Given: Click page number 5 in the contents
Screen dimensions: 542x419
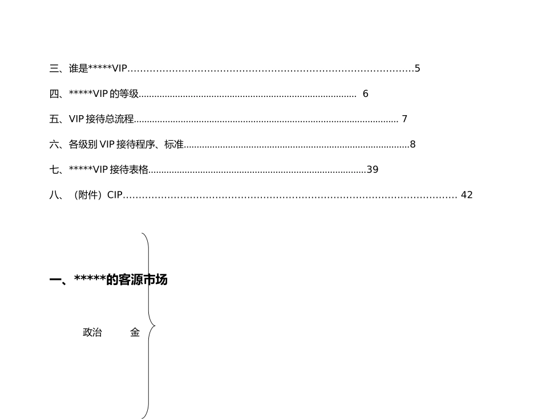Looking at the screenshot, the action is pyautogui.click(x=417, y=68).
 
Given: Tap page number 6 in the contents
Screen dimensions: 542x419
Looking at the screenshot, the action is pyautogui.click(x=365, y=93).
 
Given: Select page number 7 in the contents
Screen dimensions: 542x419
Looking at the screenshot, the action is pyautogui.click(x=405, y=119).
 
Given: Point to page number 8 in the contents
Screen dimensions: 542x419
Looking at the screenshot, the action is pyautogui.click(x=412, y=144).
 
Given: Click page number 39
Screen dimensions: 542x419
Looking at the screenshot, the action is pyautogui.click(x=373, y=170).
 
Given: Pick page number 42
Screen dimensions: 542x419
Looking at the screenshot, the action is pyautogui.click(x=467, y=195).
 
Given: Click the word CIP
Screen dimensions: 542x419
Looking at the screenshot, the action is pyautogui.click(x=115, y=195).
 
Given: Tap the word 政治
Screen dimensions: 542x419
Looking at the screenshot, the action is pyautogui.click(x=92, y=332).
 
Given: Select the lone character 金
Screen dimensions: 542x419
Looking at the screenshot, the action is pyautogui.click(x=135, y=332).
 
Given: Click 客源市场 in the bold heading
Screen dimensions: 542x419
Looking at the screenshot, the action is pyautogui.click(x=143, y=279).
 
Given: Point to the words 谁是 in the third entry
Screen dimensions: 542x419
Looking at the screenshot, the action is pyautogui.click(x=79, y=68).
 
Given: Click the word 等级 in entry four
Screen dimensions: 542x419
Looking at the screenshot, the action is pyautogui.click(x=129, y=93).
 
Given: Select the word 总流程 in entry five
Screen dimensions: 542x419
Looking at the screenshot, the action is pyautogui.click(x=120, y=119).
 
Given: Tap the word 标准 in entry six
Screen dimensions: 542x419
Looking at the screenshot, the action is pyautogui.click(x=174, y=144).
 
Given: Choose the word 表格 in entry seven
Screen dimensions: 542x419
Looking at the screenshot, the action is pyautogui.click(x=139, y=170).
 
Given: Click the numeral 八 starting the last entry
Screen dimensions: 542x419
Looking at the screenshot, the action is pyautogui.click(x=54, y=195).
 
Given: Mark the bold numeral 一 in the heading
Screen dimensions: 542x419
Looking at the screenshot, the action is pyautogui.click(x=55, y=279).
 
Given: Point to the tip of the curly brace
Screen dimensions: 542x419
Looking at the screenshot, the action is pyautogui.click(x=155, y=326).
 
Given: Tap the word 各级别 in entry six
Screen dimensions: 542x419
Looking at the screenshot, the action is pyautogui.click(x=83, y=144).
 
